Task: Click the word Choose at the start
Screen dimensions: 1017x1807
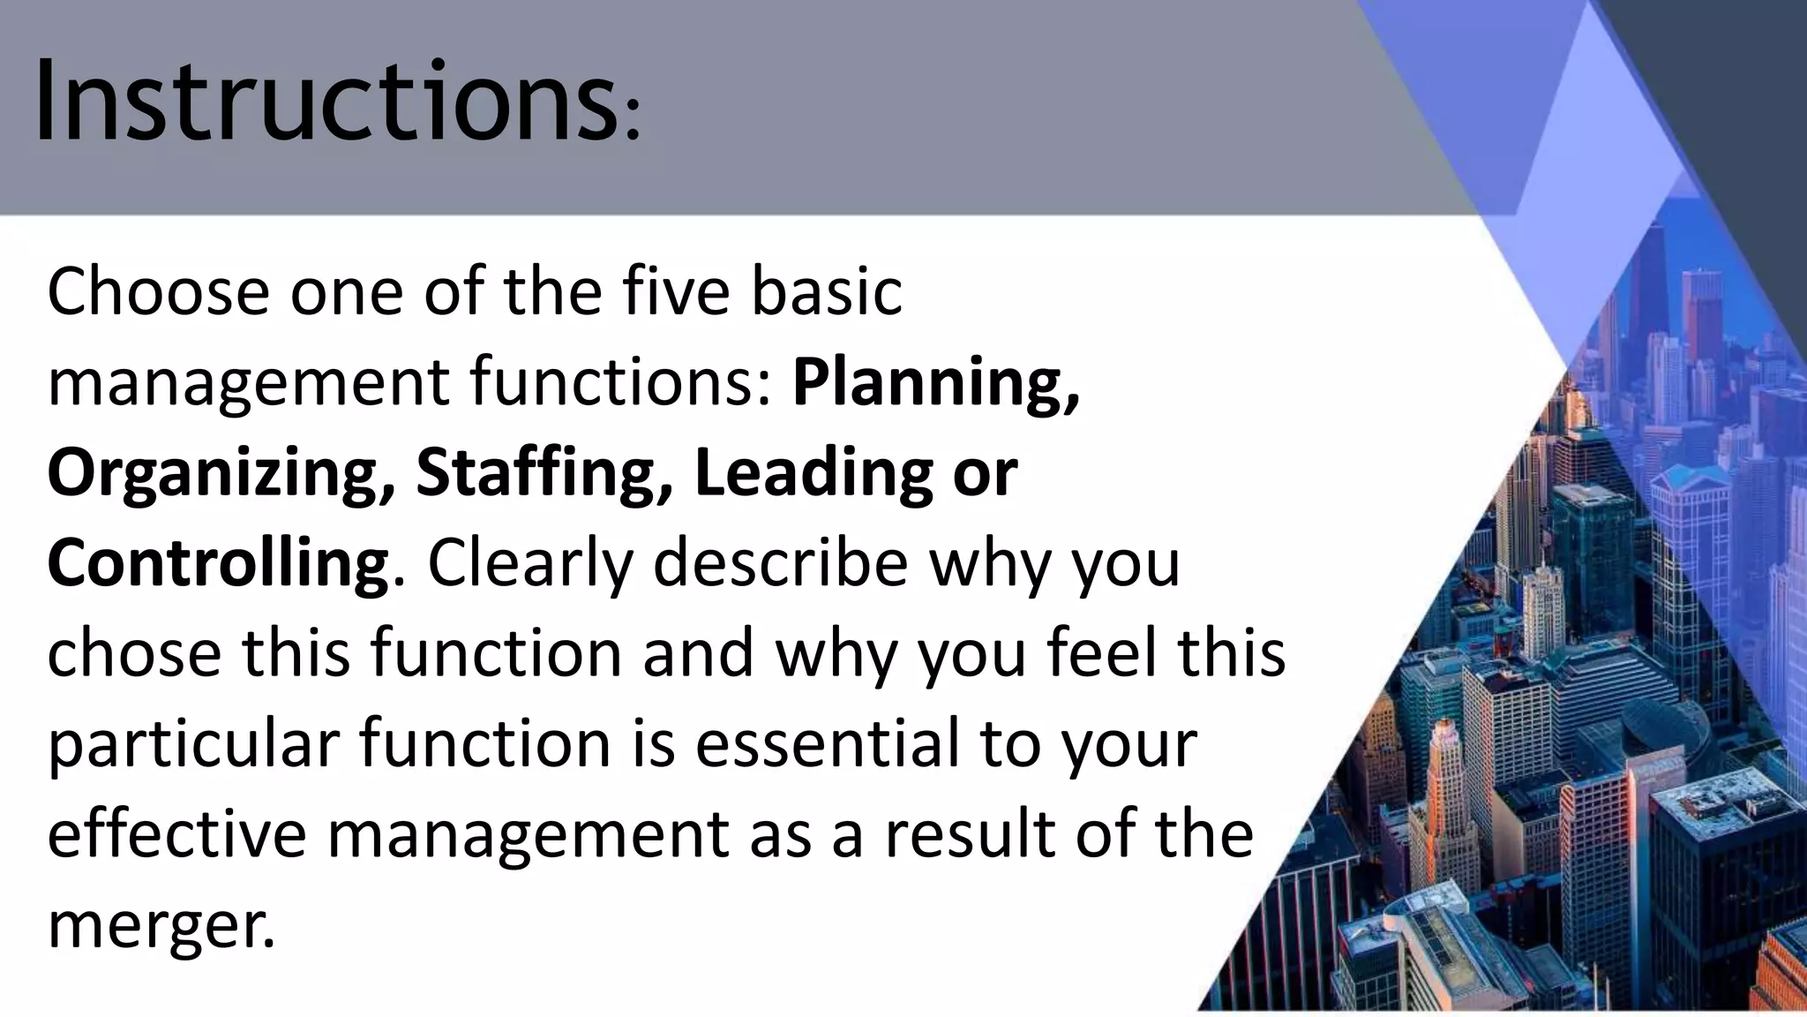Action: (x=158, y=291)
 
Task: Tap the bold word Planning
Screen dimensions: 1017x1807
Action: (x=935, y=384)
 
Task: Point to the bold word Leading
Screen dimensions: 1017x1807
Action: (x=813, y=474)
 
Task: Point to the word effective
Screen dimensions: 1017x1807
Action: (x=176, y=833)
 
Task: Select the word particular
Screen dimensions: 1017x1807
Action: (x=193, y=743)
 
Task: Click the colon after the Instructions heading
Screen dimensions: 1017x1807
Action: (x=631, y=119)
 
